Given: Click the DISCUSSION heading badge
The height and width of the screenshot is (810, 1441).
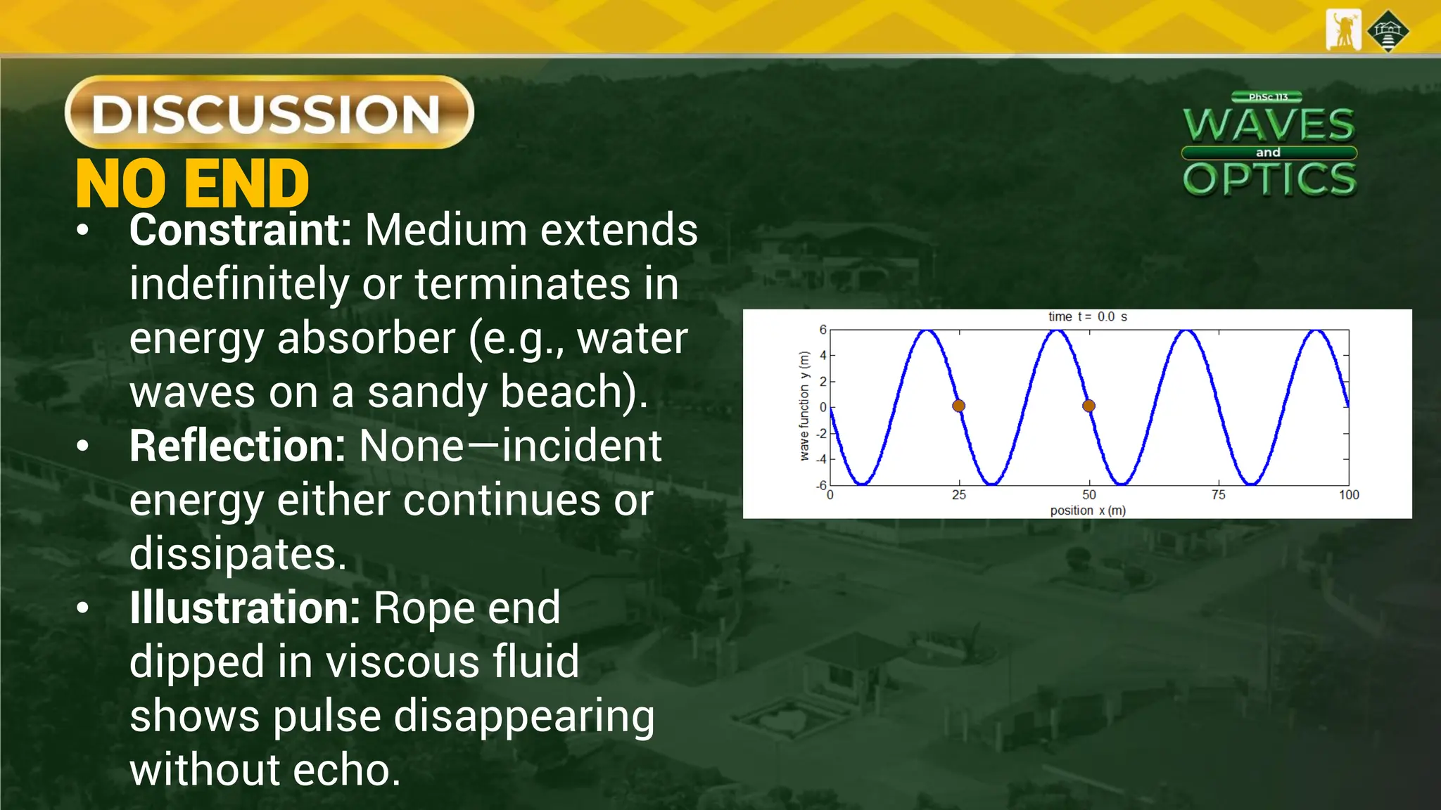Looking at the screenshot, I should (x=269, y=112).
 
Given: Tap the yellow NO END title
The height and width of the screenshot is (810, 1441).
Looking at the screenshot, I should (x=192, y=184).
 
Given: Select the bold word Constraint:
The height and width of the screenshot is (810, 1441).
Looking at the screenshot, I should (x=240, y=230).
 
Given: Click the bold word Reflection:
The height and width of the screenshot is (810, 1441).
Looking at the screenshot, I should (x=237, y=446).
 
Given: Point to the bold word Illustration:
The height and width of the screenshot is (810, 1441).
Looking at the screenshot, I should (x=245, y=607).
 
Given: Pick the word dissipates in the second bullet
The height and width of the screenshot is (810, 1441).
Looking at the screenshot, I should (x=238, y=554).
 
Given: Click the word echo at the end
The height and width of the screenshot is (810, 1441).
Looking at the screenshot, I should (x=346, y=770).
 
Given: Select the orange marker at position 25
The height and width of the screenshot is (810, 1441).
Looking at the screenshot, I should (x=958, y=406).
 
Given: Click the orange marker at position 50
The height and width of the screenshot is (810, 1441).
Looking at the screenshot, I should (x=1088, y=406).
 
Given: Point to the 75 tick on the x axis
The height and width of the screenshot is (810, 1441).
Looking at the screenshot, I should (x=1219, y=495).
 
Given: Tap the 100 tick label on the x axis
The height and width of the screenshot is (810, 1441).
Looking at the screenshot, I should (x=1349, y=495).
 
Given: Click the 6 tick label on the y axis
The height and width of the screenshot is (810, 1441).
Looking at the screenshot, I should (x=823, y=330).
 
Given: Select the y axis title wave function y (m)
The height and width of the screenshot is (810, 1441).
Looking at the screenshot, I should (x=804, y=406).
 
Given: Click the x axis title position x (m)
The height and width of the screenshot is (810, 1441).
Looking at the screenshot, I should (x=1088, y=510).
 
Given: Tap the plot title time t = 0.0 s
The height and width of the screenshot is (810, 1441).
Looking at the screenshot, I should (x=1088, y=317).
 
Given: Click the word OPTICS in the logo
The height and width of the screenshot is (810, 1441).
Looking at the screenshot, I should (x=1269, y=179).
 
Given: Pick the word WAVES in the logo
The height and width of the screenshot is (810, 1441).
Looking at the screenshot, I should (x=1269, y=125).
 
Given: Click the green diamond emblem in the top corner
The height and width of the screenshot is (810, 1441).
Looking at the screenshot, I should (x=1388, y=31).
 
